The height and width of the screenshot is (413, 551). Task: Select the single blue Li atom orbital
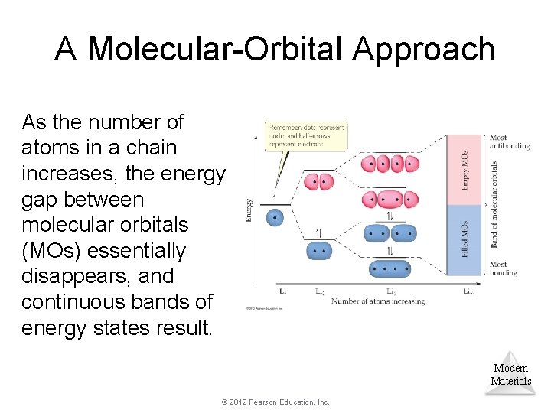point(275,217)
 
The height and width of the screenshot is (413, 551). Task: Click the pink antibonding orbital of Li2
point(319,182)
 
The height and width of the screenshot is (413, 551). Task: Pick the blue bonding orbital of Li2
point(319,250)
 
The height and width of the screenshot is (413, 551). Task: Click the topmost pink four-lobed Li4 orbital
point(390,164)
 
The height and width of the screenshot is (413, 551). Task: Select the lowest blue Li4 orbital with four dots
point(390,268)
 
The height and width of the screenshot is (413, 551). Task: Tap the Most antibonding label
point(509,142)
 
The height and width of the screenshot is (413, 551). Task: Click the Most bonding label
point(504,269)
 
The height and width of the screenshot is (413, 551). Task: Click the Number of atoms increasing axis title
point(378,301)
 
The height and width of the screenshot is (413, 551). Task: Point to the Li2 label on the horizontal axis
point(320,291)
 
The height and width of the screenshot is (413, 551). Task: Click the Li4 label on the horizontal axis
point(391,291)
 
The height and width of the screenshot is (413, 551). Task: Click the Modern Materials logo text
point(510,375)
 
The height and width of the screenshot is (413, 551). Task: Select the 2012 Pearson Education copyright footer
point(275,402)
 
